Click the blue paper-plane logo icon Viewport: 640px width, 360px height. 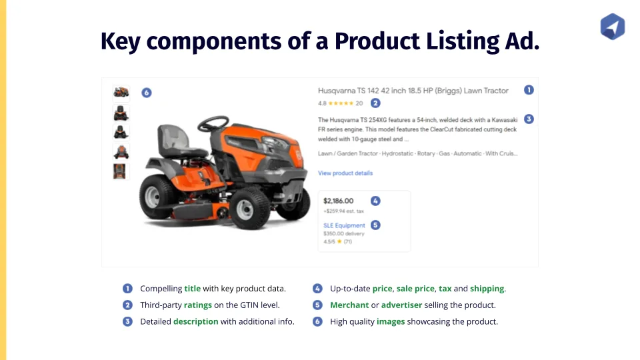612,27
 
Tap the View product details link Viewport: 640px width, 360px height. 345,173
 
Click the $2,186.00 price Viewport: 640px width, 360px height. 339,201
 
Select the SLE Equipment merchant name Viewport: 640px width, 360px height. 344,225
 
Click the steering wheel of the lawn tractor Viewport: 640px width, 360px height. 213,123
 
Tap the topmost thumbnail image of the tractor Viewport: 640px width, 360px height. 121,93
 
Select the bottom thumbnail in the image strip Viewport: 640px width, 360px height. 119,171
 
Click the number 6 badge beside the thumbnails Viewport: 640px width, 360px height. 147,93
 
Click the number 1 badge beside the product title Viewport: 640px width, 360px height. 529,90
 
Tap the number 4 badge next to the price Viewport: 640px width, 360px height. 375,201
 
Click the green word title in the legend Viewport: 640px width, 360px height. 192,289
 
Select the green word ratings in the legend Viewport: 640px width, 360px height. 198,305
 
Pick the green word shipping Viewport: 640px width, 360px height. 487,289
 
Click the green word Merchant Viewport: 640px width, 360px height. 349,305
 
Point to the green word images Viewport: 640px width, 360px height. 391,322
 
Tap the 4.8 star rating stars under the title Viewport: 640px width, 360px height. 341,103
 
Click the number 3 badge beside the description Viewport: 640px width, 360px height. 529,119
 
